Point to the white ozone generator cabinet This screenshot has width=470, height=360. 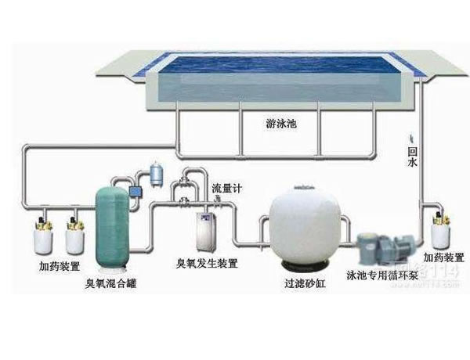(207, 230)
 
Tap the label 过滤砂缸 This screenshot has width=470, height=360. (305, 281)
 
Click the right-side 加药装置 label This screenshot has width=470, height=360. (443, 257)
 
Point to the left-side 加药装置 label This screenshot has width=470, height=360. (60, 267)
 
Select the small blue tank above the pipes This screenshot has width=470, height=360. (157, 171)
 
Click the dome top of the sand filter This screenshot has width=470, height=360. (302, 191)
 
